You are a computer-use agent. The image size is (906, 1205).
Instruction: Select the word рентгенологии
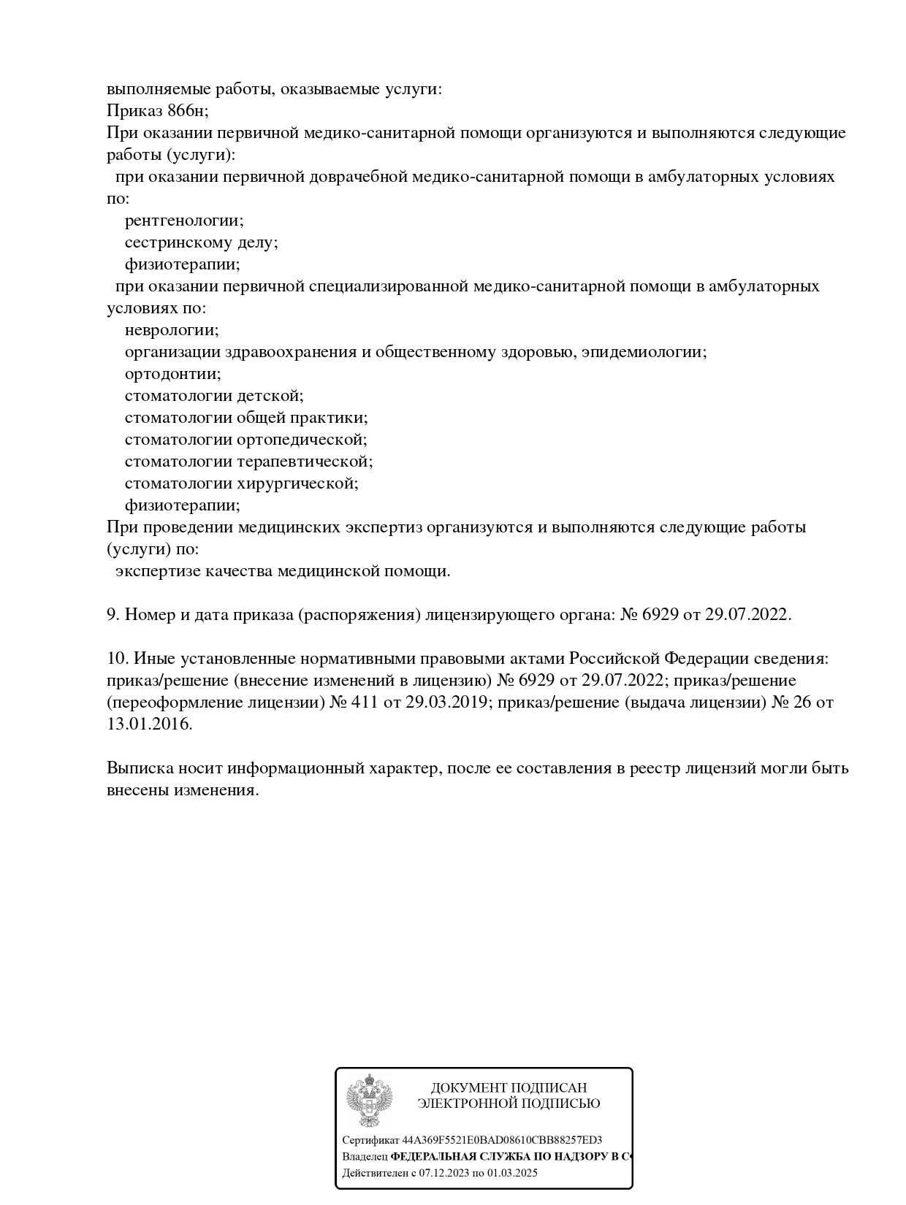(x=183, y=221)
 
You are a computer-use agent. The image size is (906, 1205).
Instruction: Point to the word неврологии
(x=171, y=330)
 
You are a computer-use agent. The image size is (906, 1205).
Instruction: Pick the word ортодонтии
(x=172, y=374)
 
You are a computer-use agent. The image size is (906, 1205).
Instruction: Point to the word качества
(x=242, y=571)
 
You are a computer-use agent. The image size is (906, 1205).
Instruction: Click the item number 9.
(x=113, y=615)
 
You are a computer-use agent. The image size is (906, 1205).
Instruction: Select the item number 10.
(x=117, y=659)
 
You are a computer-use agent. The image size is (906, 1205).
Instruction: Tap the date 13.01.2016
(x=149, y=724)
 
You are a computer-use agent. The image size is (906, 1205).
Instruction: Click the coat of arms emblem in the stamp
(x=369, y=1101)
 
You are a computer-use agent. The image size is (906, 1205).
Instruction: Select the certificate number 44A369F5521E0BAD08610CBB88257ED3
(x=502, y=1140)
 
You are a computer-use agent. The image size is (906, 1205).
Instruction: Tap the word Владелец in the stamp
(x=365, y=1157)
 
